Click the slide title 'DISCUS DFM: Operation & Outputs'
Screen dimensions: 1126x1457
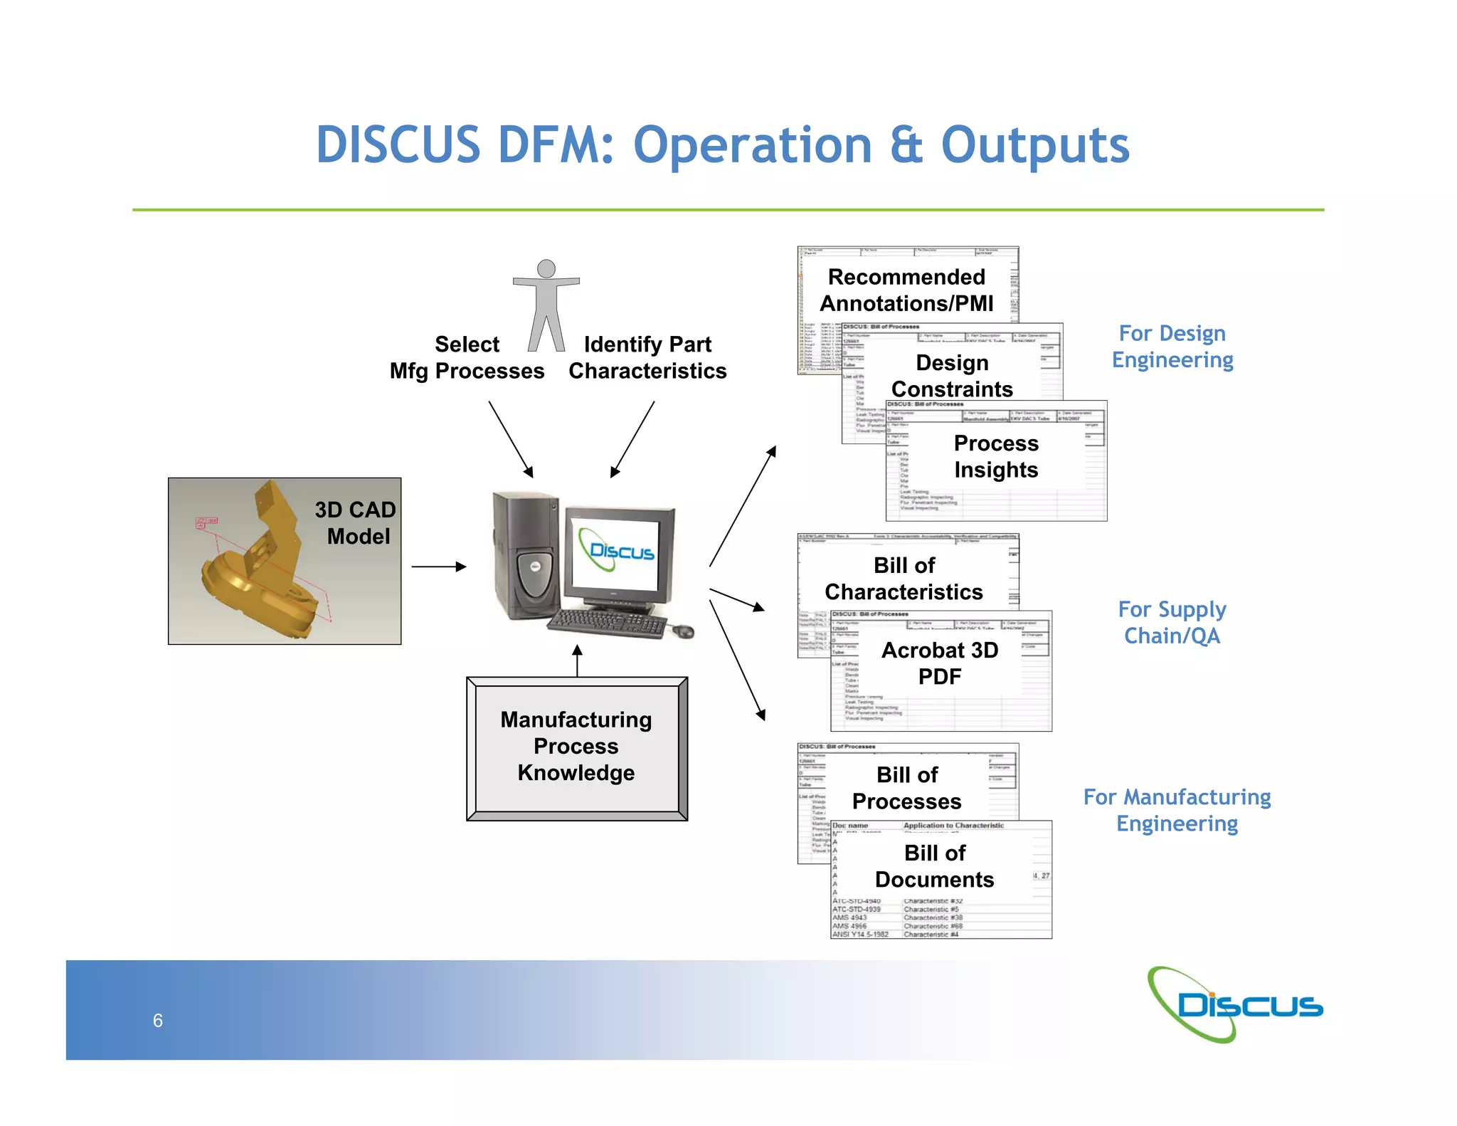(722, 145)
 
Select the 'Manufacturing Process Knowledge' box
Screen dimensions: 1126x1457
(576, 747)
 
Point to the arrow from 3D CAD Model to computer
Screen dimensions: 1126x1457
(438, 567)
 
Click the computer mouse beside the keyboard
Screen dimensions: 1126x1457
(683, 631)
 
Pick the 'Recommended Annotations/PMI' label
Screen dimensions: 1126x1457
(906, 290)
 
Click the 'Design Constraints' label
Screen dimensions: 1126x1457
(952, 376)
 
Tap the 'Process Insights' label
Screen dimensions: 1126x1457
(996, 456)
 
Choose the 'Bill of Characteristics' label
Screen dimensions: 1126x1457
(904, 578)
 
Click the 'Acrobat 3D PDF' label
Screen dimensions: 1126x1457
(940, 663)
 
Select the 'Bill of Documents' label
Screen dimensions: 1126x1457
(934, 865)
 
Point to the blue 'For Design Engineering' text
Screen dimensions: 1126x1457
(1172, 346)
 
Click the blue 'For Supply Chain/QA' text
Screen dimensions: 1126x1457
(1172, 622)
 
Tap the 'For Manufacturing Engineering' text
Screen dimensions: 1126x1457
(1177, 810)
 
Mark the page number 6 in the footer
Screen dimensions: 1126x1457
(158, 1021)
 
